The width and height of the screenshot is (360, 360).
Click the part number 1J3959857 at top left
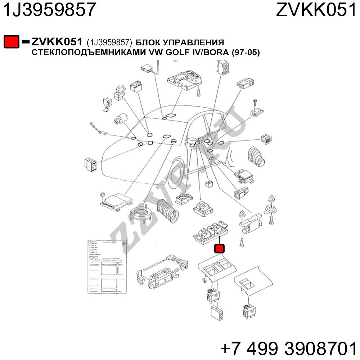click(x=50, y=10)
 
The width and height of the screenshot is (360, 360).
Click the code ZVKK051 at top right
click(x=316, y=10)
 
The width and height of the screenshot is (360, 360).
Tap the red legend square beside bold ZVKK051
click(x=11, y=41)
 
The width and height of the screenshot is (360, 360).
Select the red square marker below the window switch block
click(x=219, y=248)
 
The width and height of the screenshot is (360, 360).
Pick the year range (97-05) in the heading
click(x=246, y=53)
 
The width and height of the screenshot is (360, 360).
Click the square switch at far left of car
click(x=90, y=164)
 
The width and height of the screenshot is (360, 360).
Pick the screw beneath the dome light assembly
click(x=198, y=92)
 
